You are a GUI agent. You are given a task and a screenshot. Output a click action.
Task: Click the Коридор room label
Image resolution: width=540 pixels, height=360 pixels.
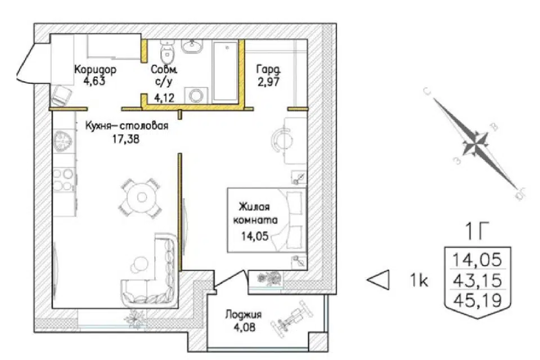tap(96, 69)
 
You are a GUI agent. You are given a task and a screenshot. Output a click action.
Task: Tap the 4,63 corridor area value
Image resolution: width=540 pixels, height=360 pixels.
tap(94, 82)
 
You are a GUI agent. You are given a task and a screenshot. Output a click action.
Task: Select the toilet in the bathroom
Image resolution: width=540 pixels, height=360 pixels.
tap(168, 52)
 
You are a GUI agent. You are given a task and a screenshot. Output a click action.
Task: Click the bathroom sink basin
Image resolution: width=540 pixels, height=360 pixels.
tap(192, 46)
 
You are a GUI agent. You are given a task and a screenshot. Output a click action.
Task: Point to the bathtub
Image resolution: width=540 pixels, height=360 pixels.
tap(226, 71)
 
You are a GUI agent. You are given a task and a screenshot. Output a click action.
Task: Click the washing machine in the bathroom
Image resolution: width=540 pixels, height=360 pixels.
tap(196, 95)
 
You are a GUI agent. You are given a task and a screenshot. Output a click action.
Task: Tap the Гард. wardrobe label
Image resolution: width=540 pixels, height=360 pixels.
tap(268, 70)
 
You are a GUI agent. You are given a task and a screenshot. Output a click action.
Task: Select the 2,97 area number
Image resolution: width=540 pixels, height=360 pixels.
tap(268, 82)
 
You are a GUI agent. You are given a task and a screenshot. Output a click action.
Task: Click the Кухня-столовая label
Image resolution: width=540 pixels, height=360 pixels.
tap(127, 125)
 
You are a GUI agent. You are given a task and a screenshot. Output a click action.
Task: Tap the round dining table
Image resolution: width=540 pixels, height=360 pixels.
tap(141, 197)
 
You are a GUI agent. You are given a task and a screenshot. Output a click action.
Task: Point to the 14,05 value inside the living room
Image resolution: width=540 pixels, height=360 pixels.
tap(255, 236)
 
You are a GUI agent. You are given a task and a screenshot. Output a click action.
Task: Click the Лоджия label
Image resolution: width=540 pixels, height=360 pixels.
tap(244, 314)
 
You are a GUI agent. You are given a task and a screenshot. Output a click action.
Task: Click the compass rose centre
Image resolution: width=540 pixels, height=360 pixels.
tap(475, 143)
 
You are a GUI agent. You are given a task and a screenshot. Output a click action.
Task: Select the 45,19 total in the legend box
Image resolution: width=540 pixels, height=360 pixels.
tap(478, 300)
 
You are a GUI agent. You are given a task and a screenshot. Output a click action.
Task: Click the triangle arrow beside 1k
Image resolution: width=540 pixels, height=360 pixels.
tap(378, 280)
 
